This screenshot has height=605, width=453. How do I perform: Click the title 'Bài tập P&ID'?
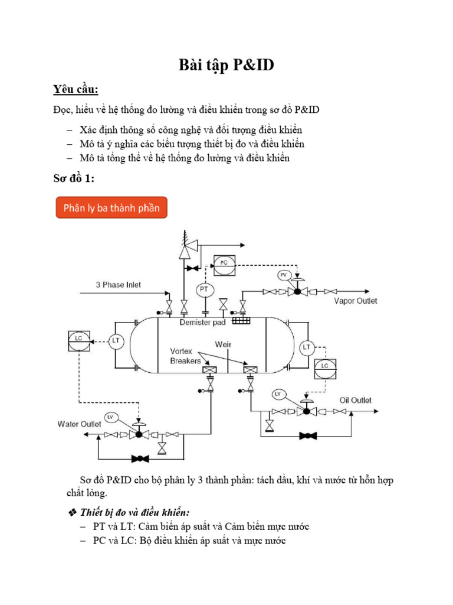[x=226, y=66]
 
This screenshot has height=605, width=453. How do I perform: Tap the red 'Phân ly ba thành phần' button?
[x=112, y=208]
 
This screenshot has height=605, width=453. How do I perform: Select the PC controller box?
[x=224, y=262]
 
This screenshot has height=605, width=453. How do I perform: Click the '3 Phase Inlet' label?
[x=119, y=284]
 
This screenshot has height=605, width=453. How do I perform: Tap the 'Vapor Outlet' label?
[x=356, y=301]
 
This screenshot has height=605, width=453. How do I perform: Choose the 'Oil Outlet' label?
[x=356, y=400]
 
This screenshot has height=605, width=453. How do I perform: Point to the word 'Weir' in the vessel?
[x=223, y=343]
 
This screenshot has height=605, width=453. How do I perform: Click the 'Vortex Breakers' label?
[x=185, y=355]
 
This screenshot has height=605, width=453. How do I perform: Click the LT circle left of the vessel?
[x=116, y=340]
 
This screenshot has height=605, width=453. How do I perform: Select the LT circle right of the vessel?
[x=307, y=347]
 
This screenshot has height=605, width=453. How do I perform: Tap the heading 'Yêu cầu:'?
[x=75, y=90]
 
